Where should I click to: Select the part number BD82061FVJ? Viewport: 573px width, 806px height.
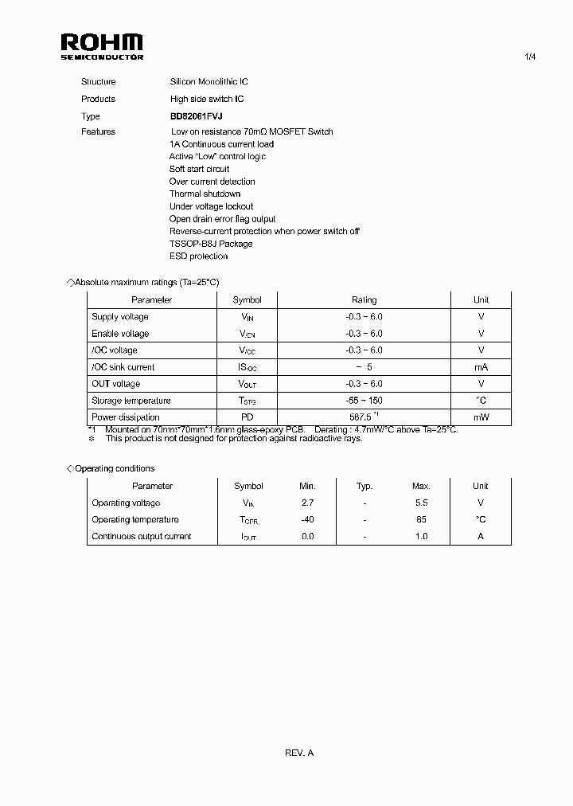(197, 116)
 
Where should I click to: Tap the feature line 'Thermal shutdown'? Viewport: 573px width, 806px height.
(205, 194)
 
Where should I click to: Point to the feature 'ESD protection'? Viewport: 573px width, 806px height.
(198, 256)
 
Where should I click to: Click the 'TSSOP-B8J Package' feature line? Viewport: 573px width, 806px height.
(211, 244)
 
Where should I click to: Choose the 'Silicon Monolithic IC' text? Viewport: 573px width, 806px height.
(209, 82)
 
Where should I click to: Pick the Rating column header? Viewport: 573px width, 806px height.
(364, 300)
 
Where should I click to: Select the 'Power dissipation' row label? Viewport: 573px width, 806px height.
(126, 417)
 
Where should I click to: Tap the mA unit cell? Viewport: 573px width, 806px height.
(481, 367)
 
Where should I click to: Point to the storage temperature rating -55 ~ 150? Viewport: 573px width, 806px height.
(364, 401)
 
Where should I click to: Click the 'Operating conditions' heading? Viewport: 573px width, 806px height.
(114, 468)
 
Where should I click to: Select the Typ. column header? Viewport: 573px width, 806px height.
(364, 486)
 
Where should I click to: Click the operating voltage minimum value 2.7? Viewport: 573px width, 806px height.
(307, 503)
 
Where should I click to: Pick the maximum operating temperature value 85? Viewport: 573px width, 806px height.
(421, 519)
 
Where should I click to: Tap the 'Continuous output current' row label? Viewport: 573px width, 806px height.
(142, 536)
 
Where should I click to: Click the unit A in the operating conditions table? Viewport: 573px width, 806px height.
(481, 536)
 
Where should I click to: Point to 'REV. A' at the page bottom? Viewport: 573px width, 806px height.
(299, 753)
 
